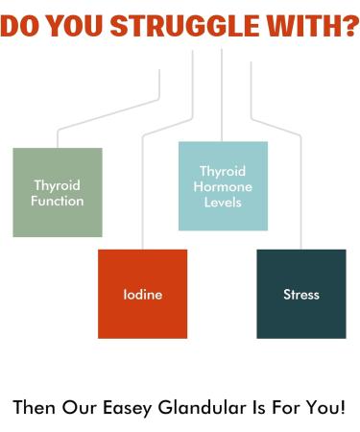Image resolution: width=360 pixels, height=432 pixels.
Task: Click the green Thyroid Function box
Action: pos(57,192)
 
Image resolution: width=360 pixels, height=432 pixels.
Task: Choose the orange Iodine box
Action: pos(142,294)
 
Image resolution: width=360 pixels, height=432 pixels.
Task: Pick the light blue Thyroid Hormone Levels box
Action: pos(223,186)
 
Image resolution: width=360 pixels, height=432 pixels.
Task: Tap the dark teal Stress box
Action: pos(300,294)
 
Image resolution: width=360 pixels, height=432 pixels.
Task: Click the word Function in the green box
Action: pos(57,202)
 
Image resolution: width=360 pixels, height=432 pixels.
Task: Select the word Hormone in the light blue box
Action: pos(223,186)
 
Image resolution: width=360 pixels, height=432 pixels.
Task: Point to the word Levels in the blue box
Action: pos(223,203)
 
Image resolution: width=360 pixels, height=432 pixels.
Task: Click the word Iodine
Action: pos(142,295)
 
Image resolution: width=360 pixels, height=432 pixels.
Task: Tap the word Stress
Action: pos(300,295)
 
